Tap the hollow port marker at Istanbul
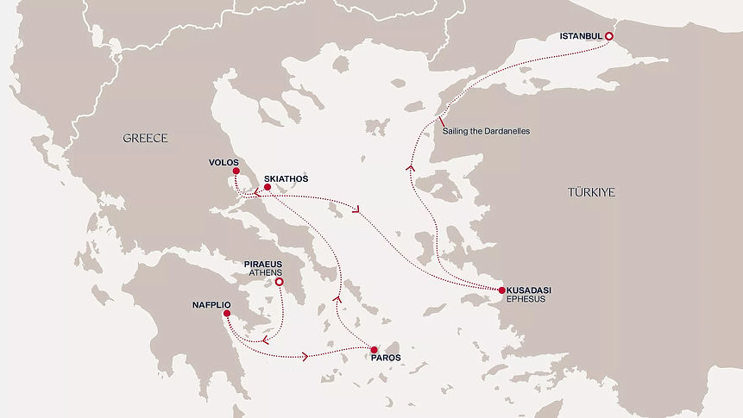tap(608, 36)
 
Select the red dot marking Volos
tap(236, 172)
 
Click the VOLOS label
tap(223, 161)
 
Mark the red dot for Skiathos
tap(267, 187)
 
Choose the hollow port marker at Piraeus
tap(279, 281)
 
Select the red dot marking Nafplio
tap(226, 314)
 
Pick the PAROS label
tap(387, 357)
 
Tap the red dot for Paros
tap(374, 349)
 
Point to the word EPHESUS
tap(528, 301)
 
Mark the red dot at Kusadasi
tap(501, 290)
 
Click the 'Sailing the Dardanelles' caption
tap(485, 131)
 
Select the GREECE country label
tap(144, 138)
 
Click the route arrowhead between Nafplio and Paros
tap(305, 355)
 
